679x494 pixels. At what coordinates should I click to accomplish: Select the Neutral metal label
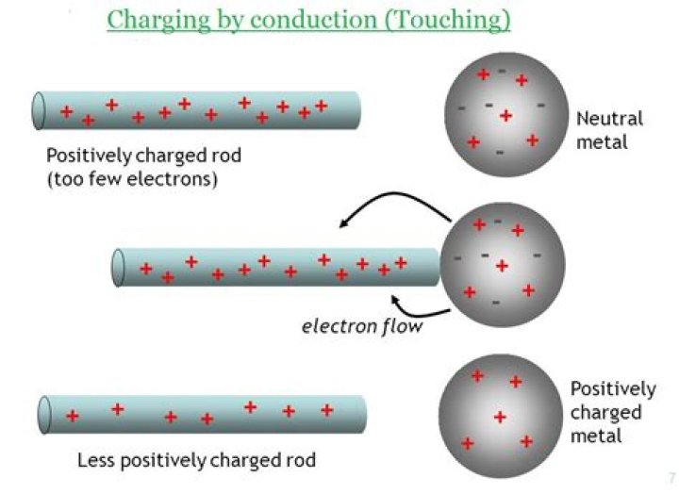click(x=609, y=129)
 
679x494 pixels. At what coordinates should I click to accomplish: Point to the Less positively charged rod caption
click(x=195, y=462)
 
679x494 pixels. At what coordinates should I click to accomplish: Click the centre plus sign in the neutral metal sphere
click(x=505, y=116)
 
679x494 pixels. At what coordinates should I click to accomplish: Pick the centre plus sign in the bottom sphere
click(x=500, y=417)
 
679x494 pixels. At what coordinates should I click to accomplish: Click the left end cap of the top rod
click(x=40, y=109)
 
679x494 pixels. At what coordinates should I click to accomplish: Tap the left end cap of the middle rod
click(x=118, y=267)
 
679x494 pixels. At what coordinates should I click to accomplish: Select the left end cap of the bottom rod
click(x=43, y=415)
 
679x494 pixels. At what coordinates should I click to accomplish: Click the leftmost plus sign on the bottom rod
click(x=72, y=416)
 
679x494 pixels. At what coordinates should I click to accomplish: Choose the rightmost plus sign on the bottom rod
click(x=327, y=410)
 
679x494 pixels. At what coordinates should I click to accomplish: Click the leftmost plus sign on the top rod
click(x=66, y=111)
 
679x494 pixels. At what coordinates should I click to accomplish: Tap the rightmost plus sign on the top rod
click(x=321, y=106)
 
